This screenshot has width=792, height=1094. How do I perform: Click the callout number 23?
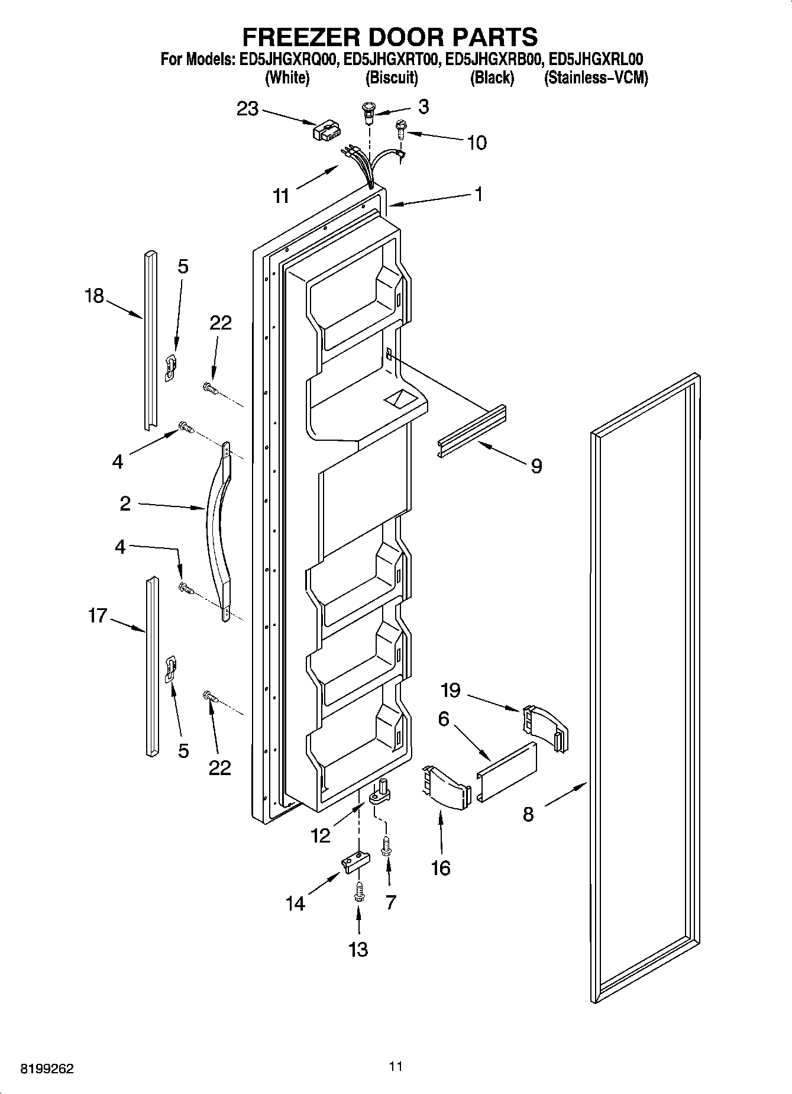pyautogui.click(x=247, y=109)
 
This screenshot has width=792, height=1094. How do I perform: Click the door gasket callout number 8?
pyautogui.click(x=528, y=814)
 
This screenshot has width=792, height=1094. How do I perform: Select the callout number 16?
pyautogui.click(x=441, y=868)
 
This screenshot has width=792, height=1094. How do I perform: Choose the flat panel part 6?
pyautogui.click(x=507, y=771)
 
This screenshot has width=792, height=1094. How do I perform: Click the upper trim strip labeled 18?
pyautogui.click(x=150, y=340)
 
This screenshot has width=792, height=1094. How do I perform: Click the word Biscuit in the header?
pyautogui.click(x=392, y=78)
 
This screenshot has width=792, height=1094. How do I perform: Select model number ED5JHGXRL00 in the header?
pyautogui.click(x=596, y=59)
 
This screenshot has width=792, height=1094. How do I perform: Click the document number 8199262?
pyautogui.click(x=47, y=1069)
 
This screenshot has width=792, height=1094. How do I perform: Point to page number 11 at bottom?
pyautogui.click(x=396, y=1066)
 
